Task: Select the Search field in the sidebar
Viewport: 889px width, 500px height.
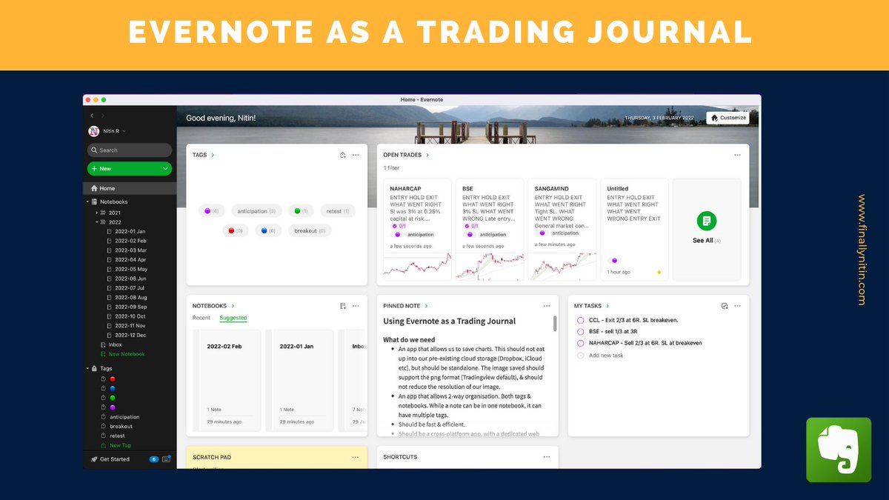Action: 130,150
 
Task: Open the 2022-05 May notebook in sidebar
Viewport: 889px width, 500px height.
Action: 131,269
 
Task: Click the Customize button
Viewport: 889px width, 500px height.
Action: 727,118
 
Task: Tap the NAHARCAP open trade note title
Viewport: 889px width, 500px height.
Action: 406,189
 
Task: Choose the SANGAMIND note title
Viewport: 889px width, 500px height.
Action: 552,189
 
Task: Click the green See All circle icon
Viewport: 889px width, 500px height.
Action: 707,221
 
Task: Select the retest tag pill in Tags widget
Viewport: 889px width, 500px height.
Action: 338,211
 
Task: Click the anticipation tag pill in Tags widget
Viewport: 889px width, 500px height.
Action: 256,211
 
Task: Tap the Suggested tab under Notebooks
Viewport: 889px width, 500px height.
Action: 233,318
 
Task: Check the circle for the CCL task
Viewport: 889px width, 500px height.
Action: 581,320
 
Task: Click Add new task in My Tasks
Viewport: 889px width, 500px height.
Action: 605,356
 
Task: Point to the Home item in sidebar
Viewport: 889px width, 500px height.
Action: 107,188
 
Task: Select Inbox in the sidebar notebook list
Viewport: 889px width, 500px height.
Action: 115,344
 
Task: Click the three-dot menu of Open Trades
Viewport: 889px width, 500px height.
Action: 737,155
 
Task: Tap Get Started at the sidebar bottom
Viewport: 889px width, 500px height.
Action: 114,459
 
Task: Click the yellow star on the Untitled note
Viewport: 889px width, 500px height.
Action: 659,272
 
